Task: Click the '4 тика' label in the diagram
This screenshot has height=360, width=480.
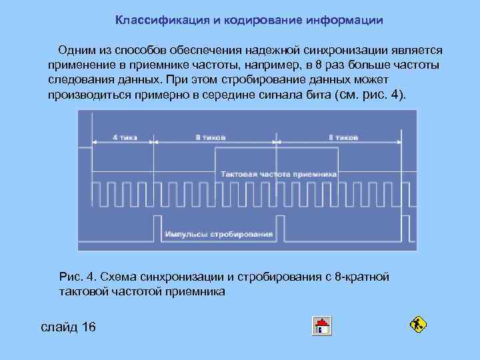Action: pyautogui.click(x=124, y=138)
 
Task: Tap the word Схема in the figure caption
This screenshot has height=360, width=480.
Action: pyautogui.click(x=121, y=277)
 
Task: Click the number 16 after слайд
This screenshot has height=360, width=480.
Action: pyautogui.click(x=87, y=327)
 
